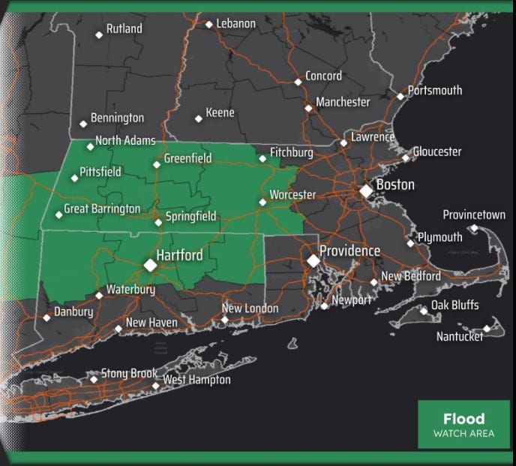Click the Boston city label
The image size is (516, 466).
click(x=395, y=185)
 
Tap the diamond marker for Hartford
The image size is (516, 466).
click(x=150, y=265)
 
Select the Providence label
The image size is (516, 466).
click(x=349, y=251)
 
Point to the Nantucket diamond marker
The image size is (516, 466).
click(x=487, y=328)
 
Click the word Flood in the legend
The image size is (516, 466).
click(x=463, y=419)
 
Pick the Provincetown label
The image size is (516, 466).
click(x=473, y=215)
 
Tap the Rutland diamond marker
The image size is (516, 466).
click(x=99, y=34)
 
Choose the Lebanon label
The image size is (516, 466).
click(x=235, y=23)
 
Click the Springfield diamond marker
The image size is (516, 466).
click(x=157, y=222)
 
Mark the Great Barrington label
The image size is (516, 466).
click(x=102, y=208)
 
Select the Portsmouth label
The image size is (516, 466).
click(x=435, y=90)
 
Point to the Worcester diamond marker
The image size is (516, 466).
click(x=262, y=202)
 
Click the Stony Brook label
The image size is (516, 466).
click(x=129, y=373)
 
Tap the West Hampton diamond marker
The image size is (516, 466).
click(x=155, y=386)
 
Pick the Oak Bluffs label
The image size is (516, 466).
click(x=454, y=305)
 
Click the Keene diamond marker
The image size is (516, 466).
click(x=199, y=118)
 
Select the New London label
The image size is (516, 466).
click(x=250, y=308)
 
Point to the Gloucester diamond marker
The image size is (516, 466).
click(x=406, y=158)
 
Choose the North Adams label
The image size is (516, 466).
click(x=125, y=140)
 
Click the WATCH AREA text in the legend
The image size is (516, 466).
click(x=463, y=434)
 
